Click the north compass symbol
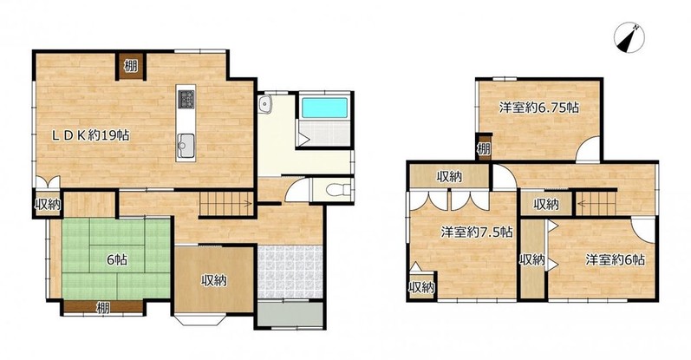tap(629, 38)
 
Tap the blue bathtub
tap(325, 108)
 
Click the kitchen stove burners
tap(186, 99)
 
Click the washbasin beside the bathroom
tap(264, 105)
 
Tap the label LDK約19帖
tap(91, 135)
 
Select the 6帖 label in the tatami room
tap(117, 260)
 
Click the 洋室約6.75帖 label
tap(539, 108)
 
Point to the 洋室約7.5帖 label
tap(477, 232)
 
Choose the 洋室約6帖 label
tap(616, 259)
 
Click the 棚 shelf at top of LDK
tap(130, 67)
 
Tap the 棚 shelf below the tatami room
tap(103, 307)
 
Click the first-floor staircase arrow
tap(226, 204)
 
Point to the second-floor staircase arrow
tap(596, 203)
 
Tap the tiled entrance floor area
tap(290, 272)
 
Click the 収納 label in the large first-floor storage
tap(214, 280)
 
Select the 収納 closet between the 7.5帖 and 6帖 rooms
tap(532, 259)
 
